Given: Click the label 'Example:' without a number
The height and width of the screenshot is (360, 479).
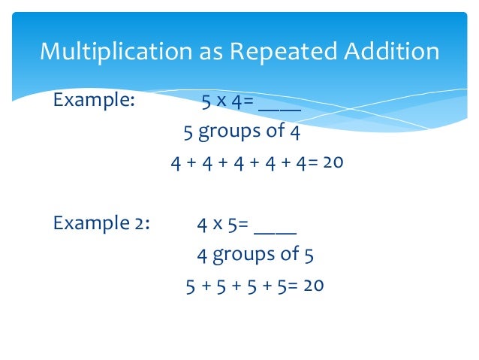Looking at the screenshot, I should [x=94, y=101].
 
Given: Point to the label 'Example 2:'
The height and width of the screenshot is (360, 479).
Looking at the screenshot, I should [x=101, y=223].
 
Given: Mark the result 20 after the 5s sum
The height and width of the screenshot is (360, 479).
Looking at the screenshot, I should [x=313, y=286].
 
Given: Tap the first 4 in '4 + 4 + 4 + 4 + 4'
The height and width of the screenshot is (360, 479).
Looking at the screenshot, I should [x=175, y=162].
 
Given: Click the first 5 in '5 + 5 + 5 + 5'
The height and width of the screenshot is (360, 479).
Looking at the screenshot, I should [x=190, y=286].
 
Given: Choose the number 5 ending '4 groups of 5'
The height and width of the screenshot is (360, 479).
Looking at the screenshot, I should [x=308, y=254].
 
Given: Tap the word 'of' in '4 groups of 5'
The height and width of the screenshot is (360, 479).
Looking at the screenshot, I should [x=288, y=254].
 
